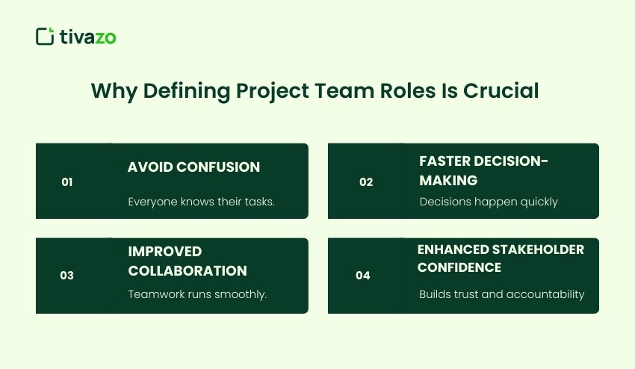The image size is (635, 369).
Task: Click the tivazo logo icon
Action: tap(45, 36)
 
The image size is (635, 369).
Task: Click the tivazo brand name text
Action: tap(88, 37)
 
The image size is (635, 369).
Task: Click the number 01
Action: tap(67, 182)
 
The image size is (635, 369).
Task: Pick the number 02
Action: tap(365, 182)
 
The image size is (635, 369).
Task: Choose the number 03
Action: tap(67, 276)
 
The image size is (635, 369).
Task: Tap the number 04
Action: tap(363, 276)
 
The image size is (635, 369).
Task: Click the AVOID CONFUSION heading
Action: tap(193, 167)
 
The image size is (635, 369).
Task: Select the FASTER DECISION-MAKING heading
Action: tap(483, 171)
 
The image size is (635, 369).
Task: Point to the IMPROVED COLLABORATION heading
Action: tap(187, 261)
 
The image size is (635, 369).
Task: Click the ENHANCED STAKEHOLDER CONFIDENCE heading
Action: tap(501, 258)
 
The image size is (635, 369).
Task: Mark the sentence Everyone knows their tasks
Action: tap(201, 201)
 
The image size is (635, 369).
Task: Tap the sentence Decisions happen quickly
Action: tap(489, 201)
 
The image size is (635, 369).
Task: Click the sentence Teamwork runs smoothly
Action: tap(197, 294)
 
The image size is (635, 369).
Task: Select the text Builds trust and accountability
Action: tap(501, 294)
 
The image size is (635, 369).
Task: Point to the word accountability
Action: tap(545, 294)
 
